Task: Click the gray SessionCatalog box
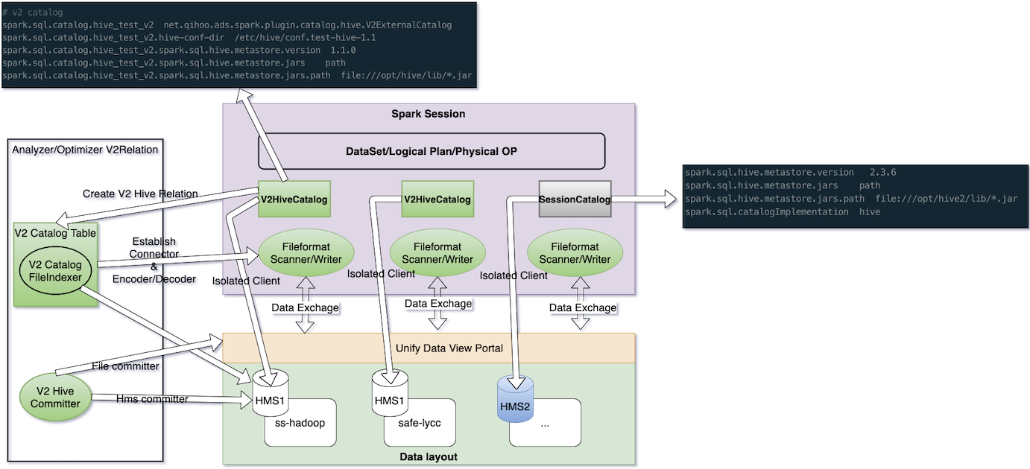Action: point(575,199)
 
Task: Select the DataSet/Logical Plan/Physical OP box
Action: point(432,151)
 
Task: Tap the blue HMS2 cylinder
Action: point(516,400)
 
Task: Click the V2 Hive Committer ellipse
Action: point(55,398)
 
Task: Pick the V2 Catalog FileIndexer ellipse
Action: point(55,271)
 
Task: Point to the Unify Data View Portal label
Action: point(449,348)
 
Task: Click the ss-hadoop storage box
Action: point(300,423)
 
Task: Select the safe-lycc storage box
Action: point(420,423)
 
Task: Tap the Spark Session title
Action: point(428,114)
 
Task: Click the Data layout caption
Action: point(428,456)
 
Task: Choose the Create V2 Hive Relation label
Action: point(140,194)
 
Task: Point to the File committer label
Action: point(125,366)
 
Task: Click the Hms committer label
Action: point(152,399)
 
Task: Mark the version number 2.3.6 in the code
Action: point(882,172)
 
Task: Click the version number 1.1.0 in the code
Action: point(343,50)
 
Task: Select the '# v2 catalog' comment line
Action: point(32,13)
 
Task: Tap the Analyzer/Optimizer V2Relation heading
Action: point(85,150)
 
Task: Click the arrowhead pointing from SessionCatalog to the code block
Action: point(671,199)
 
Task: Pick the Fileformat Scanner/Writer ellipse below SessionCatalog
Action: point(575,252)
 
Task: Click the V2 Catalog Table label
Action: point(55,233)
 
